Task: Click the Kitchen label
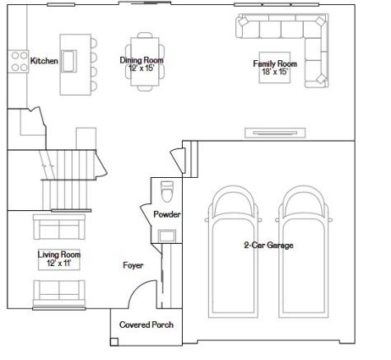[44, 61]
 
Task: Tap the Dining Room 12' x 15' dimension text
[142, 68]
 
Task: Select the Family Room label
[275, 63]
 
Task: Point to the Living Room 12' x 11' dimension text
[59, 263]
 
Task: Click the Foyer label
[133, 265]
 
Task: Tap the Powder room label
[167, 214]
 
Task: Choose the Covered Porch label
[147, 325]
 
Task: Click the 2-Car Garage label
[268, 245]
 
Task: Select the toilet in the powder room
[167, 191]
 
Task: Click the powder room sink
[167, 236]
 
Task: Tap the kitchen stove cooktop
[18, 62]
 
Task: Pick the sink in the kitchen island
[68, 61]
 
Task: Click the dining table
[145, 62]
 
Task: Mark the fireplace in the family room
[275, 133]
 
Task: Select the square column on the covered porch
[114, 342]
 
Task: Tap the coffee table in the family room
[275, 68]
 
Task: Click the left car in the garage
[233, 252]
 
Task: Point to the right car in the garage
[304, 252]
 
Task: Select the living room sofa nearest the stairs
[59, 227]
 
